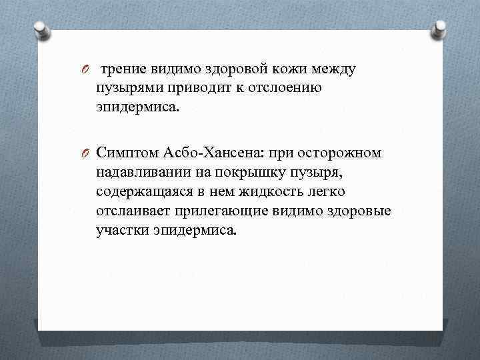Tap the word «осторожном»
point(341,153)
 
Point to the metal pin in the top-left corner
point(39,29)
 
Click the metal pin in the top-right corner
point(441,28)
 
